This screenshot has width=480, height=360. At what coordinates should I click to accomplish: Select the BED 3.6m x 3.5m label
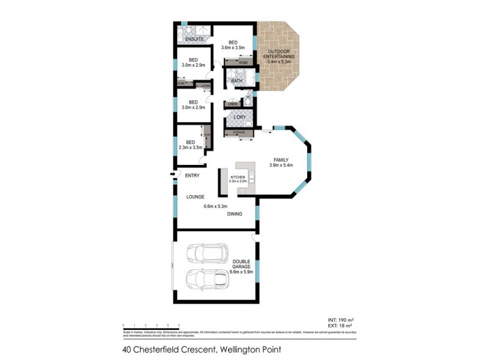pyautogui.click(x=233, y=43)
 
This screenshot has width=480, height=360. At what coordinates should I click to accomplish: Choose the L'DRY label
pyautogui.click(x=241, y=116)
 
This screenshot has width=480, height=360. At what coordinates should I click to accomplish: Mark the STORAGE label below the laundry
pyautogui.click(x=239, y=131)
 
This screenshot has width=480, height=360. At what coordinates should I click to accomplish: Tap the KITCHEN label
pyautogui.click(x=239, y=178)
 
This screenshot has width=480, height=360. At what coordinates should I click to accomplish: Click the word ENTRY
pyautogui.click(x=192, y=175)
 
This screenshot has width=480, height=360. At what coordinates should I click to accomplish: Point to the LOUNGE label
pyautogui.click(x=195, y=196)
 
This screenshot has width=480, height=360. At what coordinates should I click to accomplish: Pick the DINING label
pyautogui.click(x=234, y=213)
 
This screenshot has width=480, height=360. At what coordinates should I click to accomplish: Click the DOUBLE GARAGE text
pyautogui.click(x=242, y=265)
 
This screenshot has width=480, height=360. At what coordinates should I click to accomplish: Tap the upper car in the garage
pyautogui.click(x=204, y=253)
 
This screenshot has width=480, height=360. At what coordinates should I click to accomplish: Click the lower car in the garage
pyautogui.click(x=204, y=280)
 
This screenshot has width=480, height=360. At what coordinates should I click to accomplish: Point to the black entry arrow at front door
pyautogui.click(x=173, y=175)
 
